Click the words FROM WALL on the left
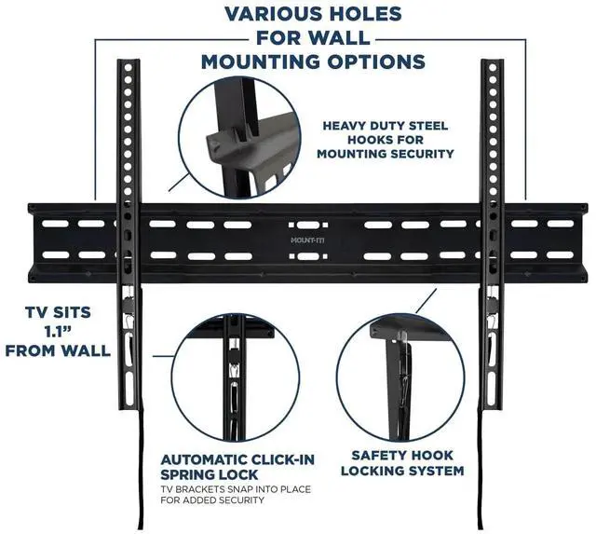tap(55, 350)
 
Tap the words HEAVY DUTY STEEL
tap(386, 125)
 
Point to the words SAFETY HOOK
tap(401, 455)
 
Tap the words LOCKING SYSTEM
tap(401, 471)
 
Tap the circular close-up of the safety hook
tap(400, 377)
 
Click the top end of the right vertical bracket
tap(491, 65)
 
